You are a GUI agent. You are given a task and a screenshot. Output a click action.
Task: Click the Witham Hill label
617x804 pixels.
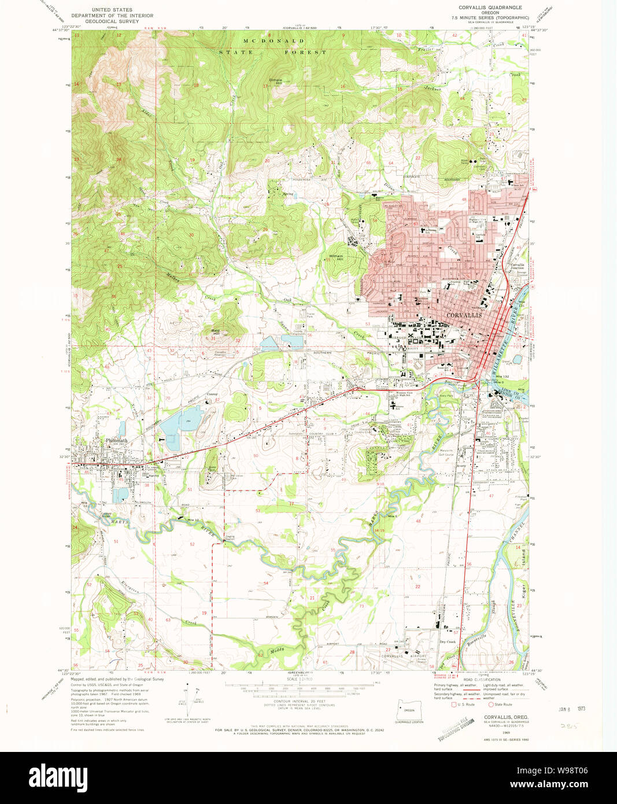pyautogui.click(x=336, y=258)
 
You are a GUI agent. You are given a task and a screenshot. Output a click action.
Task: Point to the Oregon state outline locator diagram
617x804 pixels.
pyautogui.click(x=409, y=710)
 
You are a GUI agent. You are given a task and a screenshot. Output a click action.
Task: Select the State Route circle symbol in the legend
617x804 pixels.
pyautogui.click(x=492, y=705)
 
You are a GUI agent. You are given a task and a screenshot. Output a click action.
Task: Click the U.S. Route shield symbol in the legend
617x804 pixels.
pyautogui.click(x=454, y=705)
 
